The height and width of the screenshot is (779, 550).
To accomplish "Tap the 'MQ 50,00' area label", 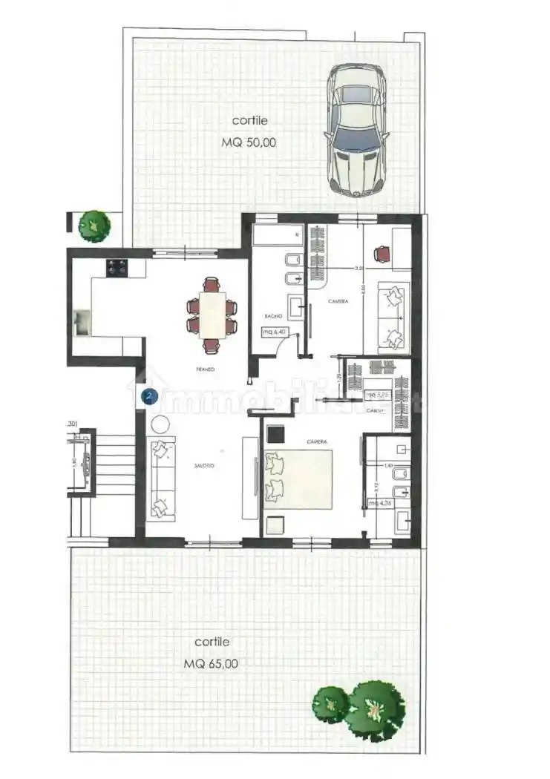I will [x=249, y=143].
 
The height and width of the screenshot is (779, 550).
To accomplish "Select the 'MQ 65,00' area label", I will [x=212, y=664].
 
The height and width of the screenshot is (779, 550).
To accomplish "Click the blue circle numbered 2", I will [x=149, y=396].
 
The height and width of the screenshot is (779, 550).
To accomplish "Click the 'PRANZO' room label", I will [x=206, y=369].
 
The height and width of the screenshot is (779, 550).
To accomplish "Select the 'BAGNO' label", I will [x=272, y=317].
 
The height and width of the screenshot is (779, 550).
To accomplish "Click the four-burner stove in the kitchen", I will [x=117, y=267].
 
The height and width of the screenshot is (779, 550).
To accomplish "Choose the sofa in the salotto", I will [x=160, y=479].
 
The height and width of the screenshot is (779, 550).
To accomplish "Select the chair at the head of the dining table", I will [x=212, y=283].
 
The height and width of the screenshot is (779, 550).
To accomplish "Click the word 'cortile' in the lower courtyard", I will [x=212, y=642].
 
